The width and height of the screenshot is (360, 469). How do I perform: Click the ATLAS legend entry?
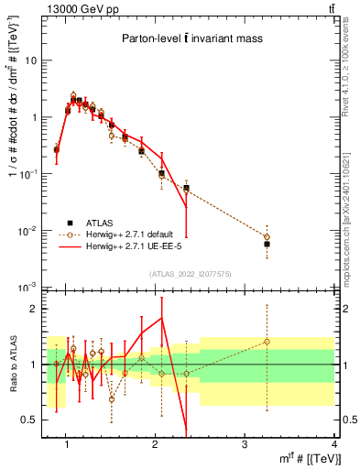point(101,222)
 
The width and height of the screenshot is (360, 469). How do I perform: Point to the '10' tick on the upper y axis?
point(30,60)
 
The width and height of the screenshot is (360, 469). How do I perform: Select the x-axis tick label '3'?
point(245,444)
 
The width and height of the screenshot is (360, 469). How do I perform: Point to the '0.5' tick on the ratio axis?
point(28,420)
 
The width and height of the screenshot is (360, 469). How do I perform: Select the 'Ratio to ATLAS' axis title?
point(11,364)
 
